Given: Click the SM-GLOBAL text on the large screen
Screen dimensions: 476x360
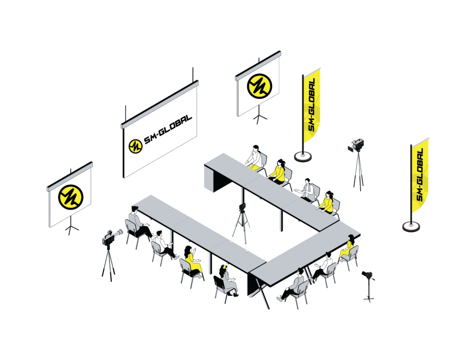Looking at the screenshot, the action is tap(168, 129).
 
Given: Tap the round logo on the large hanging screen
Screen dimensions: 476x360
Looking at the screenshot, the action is tap(135, 146).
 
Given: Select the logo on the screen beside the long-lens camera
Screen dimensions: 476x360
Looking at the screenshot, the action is tap(71, 197).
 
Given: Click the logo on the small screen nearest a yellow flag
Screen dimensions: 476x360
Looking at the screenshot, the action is tap(259, 86).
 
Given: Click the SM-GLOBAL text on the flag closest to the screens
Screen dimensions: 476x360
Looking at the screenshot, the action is tap(311, 105).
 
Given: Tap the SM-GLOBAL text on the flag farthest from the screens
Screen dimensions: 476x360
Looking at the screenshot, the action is tap(420, 175).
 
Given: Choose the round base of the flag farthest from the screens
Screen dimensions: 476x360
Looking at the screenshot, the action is tap(411, 226).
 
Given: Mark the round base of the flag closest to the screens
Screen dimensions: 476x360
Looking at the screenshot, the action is tap(303, 157).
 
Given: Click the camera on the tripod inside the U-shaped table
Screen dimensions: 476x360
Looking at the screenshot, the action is tap(242, 208).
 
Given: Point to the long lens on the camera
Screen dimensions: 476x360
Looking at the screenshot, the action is tap(117, 233).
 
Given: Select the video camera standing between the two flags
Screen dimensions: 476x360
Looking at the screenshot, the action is tap(356, 145).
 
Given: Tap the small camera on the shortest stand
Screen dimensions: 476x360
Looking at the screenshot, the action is tap(367, 275).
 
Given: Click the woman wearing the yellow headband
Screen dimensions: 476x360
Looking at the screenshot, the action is tap(228, 281).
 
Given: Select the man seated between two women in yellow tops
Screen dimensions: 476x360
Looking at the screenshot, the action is tap(306, 190).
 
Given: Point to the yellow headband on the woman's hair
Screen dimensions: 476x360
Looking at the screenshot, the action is tap(225, 268).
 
